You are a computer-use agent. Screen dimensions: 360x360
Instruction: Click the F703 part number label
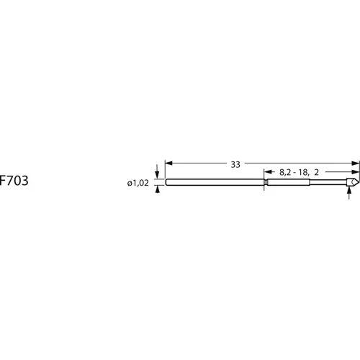pyautogui.click(x=14, y=181)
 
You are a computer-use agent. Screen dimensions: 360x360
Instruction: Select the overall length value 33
pyautogui.click(x=235, y=165)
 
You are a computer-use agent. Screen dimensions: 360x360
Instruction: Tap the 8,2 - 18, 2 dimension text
pyautogui.click(x=299, y=172)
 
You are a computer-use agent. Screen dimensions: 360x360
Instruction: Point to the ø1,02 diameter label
pyautogui.click(x=138, y=183)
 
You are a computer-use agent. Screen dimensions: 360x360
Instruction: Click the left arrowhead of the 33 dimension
pyautogui.click(x=168, y=163)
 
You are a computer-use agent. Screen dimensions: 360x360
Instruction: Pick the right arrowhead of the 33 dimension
pyautogui.click(x=356, y=163)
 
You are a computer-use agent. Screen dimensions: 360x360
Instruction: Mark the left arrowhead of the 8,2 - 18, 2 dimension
pyautogui.click(x=268, y=172)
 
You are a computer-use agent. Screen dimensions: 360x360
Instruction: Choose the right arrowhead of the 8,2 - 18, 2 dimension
pyautogui.click(x=356, y=172)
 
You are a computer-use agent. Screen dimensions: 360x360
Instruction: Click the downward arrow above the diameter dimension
pyautogui.click(x=157, y=171)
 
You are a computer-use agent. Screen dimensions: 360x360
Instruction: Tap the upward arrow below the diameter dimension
pyautogui.click(x=158, y=189)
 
